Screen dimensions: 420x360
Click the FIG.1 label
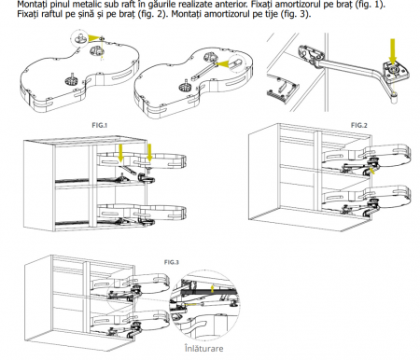[99, 125]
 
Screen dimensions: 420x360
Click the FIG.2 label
[359, 125]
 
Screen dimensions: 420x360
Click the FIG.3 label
[172, 262]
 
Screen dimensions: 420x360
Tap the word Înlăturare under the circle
[203, 348]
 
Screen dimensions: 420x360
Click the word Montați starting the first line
[32, 5]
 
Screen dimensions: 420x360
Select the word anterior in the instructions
[231, 5]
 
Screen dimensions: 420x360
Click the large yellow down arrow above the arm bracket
[393, 50]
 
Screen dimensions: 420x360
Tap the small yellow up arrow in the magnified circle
[212, 288]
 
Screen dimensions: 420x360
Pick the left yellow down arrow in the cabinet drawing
[120, 154]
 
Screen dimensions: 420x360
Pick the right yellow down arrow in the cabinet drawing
[149, 153]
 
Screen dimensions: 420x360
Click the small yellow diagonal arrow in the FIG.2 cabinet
[372, 171]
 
